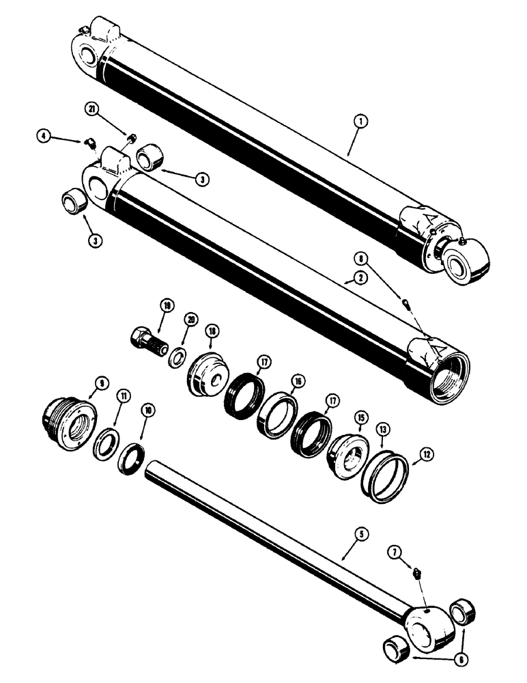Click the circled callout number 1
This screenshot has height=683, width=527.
click(x=361, y=122)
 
